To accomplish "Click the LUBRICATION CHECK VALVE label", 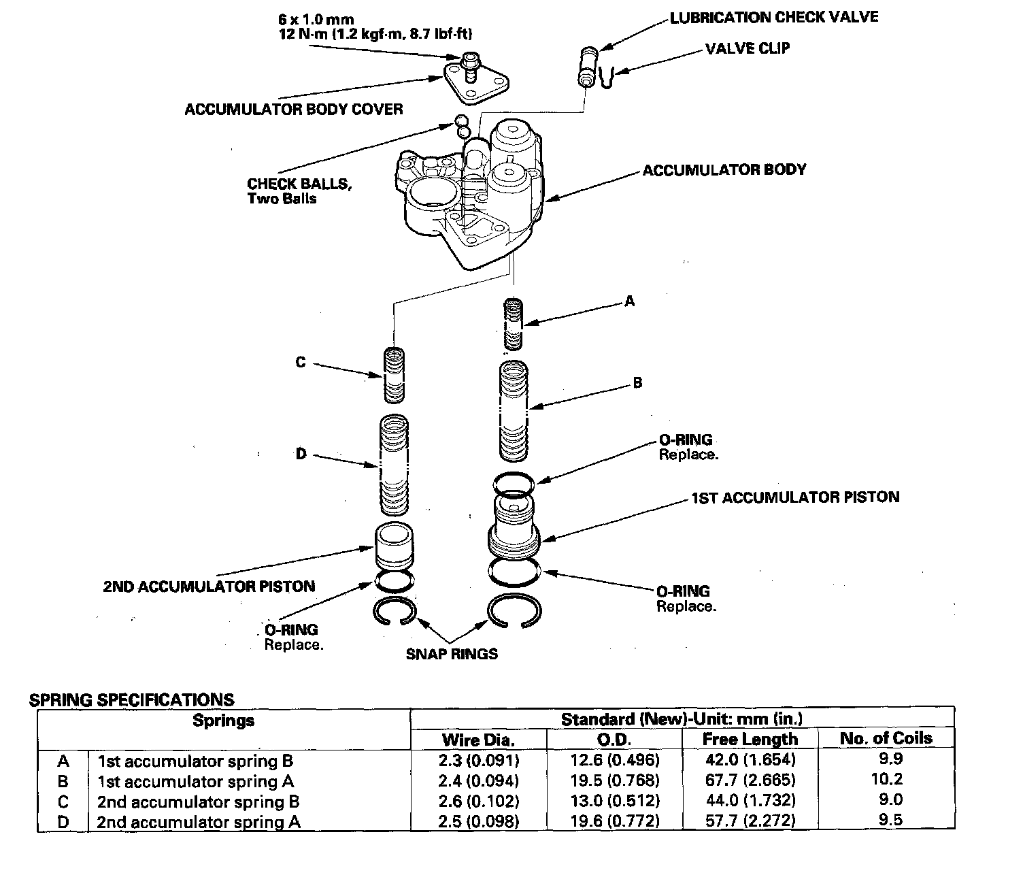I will [774, 17].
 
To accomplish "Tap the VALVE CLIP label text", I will [748, 49].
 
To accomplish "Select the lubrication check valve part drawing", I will [588, 66].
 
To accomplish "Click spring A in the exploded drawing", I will [514, 324].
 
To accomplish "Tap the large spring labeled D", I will [394, 465].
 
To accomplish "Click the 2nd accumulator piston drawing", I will [393, 546].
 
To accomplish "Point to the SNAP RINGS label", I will [452, 655].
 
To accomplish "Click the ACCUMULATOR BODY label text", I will [724, 169].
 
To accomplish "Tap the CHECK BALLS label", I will [299, 184].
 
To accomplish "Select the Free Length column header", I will [750, 739].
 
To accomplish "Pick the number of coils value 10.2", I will [886, 779].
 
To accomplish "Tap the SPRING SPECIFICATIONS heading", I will [132, 700].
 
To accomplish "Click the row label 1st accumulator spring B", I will [195, 761].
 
